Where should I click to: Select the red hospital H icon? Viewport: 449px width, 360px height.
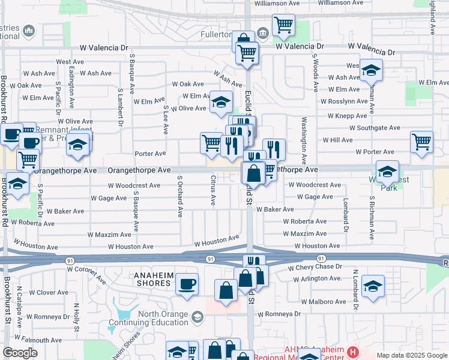coord(353,351)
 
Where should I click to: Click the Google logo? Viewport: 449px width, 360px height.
coord(20,353)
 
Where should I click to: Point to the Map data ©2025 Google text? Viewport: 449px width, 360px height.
coord(411,355)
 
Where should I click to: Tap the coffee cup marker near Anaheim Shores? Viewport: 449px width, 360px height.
coord(187,283)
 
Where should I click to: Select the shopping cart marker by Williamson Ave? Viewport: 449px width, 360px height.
coord(283,25)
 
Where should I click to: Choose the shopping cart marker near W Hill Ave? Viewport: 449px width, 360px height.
coord(422,142)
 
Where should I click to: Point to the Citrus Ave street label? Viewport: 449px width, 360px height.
coord(213,190)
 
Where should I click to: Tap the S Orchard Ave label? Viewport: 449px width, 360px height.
coord(179,196)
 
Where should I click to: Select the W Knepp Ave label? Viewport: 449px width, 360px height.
coord(348,116)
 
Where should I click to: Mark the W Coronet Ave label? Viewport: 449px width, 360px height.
coord(86,275)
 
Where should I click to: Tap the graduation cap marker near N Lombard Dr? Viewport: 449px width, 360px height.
coord(373,286)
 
